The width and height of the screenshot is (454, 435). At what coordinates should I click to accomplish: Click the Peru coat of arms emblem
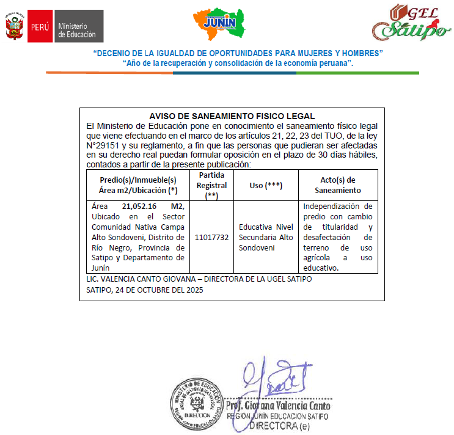pos(15,27)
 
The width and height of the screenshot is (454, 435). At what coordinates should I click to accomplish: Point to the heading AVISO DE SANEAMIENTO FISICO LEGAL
pos(232,116)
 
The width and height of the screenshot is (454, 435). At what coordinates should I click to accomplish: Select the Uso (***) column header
pos(266,185)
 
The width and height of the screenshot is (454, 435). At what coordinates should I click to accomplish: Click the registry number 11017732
pos(212,237)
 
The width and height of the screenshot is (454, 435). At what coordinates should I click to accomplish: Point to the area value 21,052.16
pos(139,207)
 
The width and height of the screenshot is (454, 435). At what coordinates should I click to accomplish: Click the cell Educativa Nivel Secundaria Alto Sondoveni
pos(266,237)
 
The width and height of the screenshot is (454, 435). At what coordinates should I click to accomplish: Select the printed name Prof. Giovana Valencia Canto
pos(277,406)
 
